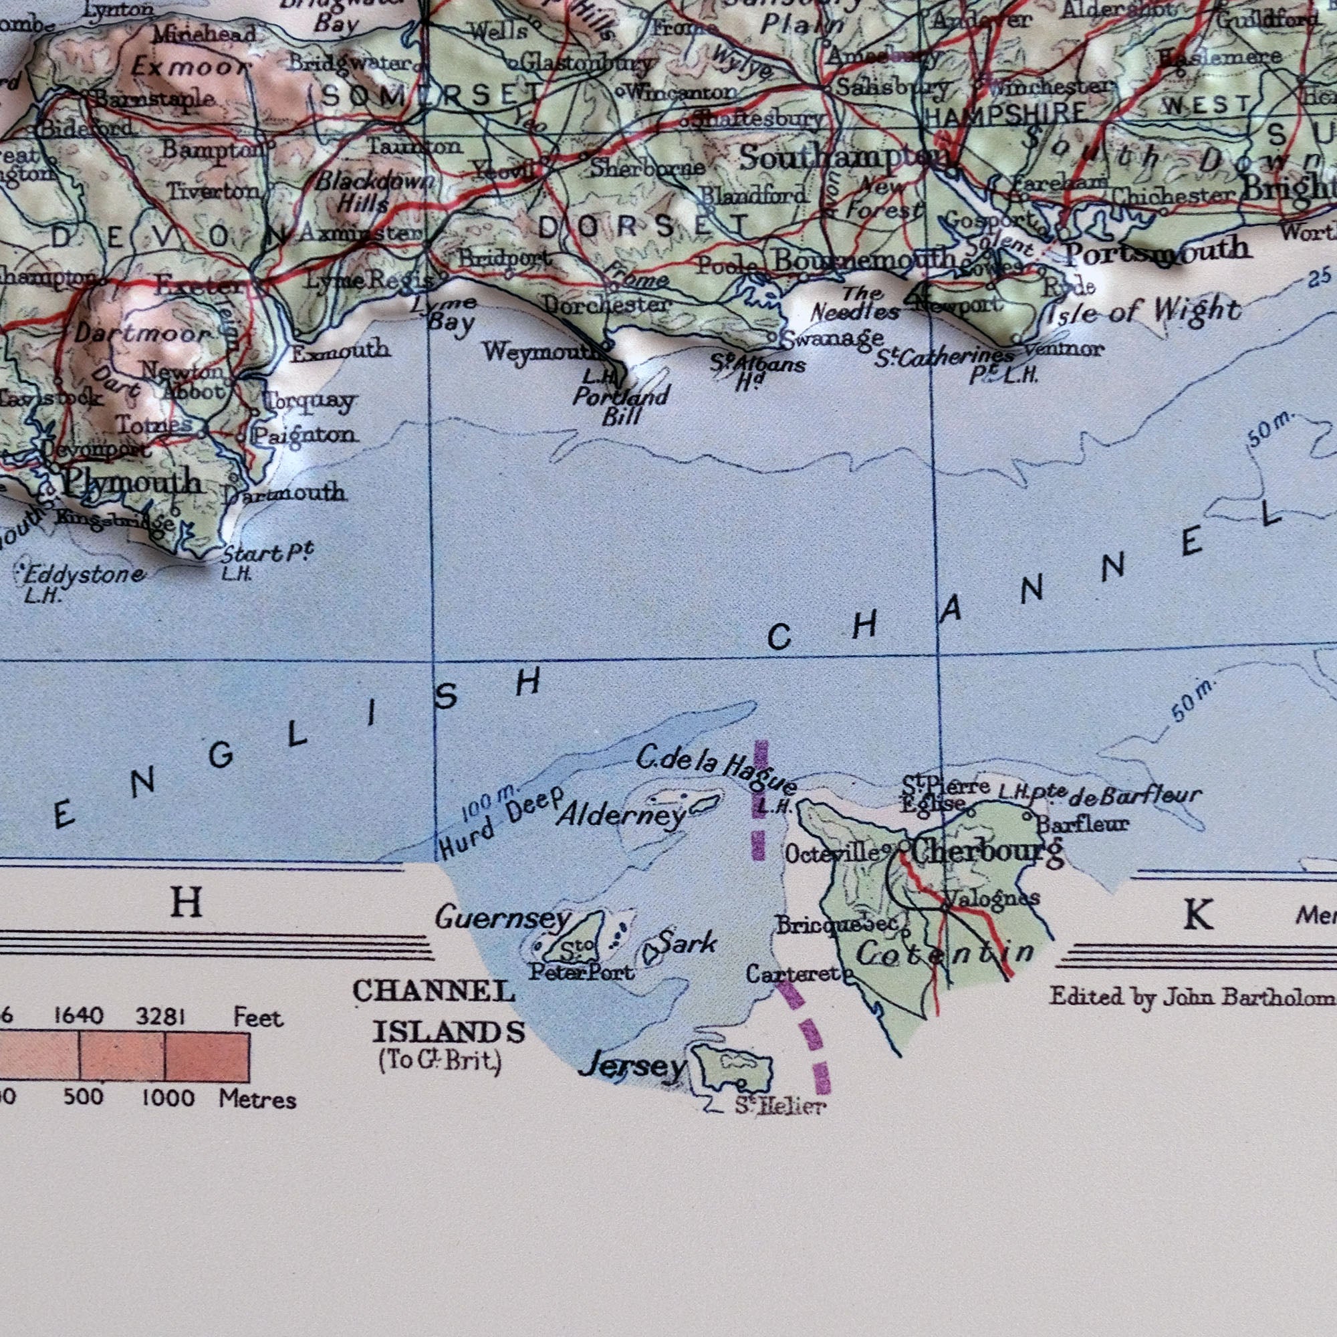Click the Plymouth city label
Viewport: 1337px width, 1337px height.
tap(132, 483)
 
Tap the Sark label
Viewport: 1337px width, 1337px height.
tap(687, 943)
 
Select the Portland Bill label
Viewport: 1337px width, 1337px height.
tap(621, 406)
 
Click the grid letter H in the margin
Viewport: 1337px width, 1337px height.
tap(186, 902)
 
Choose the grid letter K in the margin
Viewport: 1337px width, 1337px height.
tap(1198, 915)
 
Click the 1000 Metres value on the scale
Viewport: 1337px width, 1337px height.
tap(169, 1097)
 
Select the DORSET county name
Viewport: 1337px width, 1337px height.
tap(643, 227)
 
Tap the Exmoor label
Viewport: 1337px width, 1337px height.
tap(191, 68)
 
